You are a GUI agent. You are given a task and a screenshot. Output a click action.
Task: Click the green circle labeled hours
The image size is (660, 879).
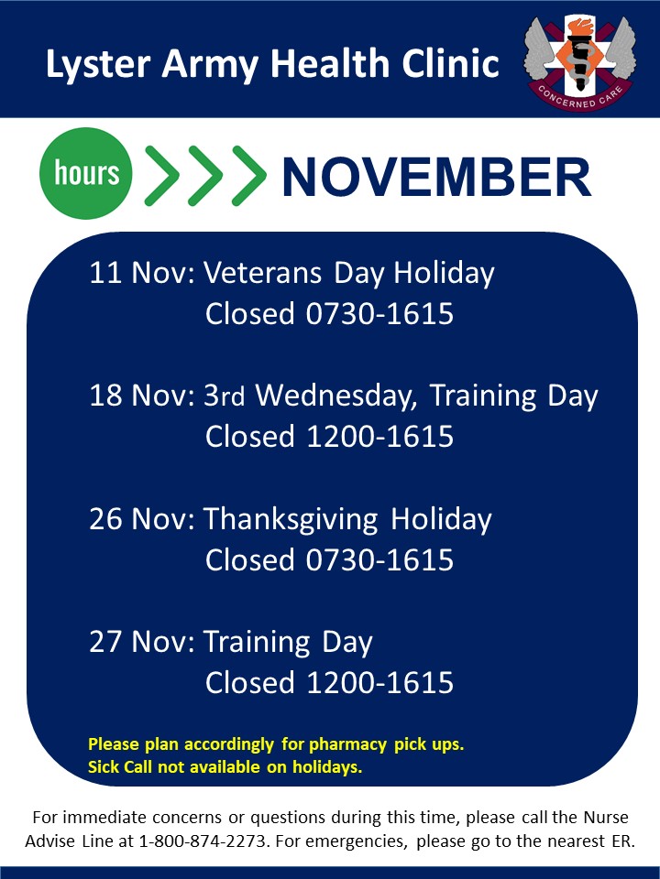[x=86, y=173]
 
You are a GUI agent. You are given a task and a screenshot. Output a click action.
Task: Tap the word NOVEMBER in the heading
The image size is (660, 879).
[x=436, y=177]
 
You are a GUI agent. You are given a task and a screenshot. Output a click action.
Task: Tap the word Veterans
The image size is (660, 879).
[x=263, y=273]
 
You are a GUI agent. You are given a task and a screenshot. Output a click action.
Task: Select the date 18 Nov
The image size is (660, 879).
[x=142, y=396]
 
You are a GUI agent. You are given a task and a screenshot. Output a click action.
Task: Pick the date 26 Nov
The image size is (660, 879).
[x=142, y=518]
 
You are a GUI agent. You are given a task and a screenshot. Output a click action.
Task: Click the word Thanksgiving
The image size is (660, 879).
[x=291, y=520]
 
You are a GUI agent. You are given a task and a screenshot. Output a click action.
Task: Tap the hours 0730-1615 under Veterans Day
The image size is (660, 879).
[x=379, y=313]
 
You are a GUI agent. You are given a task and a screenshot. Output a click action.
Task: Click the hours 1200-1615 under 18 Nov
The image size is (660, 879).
[x=379, y=437]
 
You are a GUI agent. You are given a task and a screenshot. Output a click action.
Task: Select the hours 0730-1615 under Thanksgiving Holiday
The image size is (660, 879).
[x=379, y=560]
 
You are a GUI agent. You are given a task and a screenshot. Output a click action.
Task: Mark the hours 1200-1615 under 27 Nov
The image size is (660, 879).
[x=379, y=683]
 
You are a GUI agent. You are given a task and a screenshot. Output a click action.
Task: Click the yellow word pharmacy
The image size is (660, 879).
[x=348, y=745]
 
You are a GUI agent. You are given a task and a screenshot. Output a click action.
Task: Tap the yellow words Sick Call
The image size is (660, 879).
[x=119, y=767]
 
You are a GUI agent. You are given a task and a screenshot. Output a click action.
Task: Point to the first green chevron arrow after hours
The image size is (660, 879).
[x=161, y=176]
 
